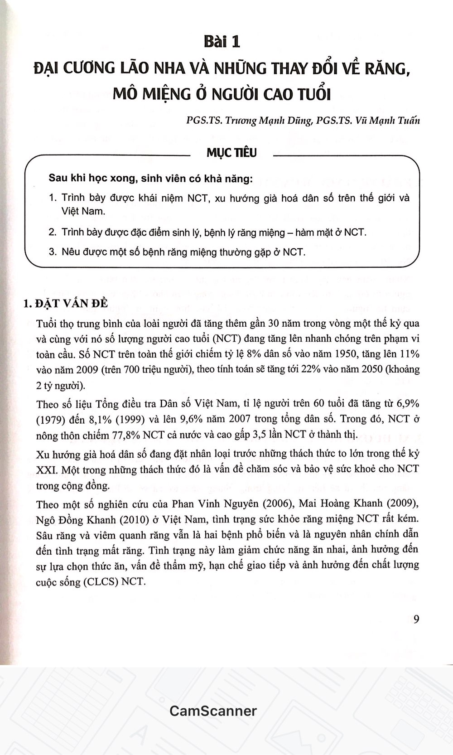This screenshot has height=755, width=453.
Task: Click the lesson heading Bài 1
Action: pyautogui.click(x=222, y=42)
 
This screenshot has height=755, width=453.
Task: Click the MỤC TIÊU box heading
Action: pyautogui.click(x=231, y=153)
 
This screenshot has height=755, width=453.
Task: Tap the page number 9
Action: pyautogui.click(x=416, y=619)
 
